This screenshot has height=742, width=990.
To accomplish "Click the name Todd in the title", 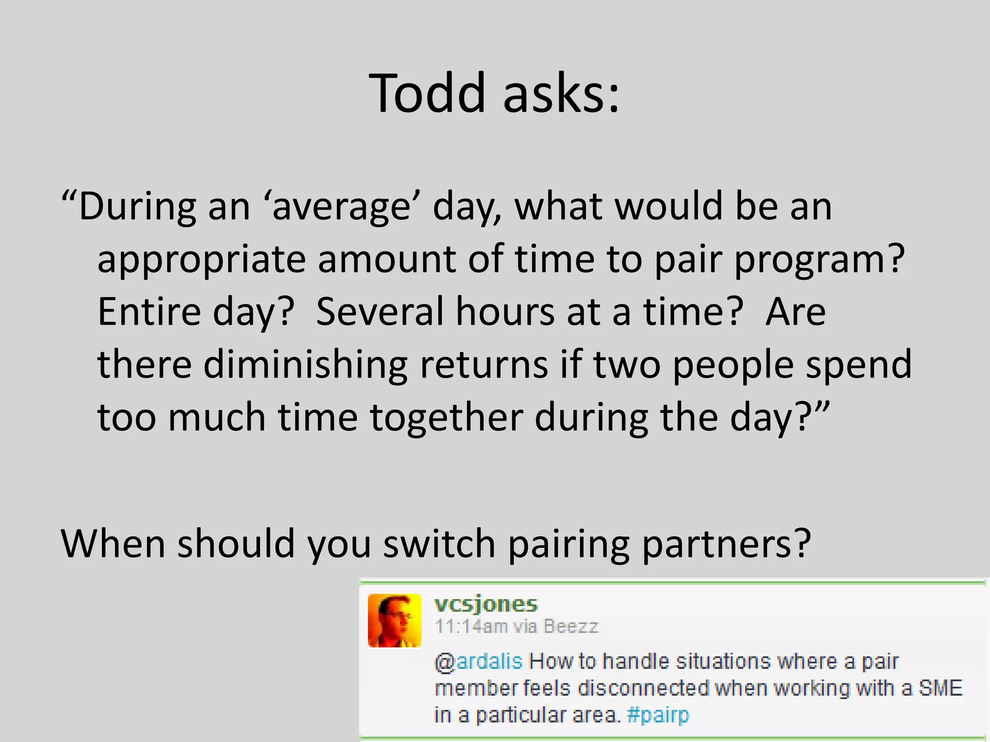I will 427,93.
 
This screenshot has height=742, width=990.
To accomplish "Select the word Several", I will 379,312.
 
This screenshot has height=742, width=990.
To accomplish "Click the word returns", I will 484,365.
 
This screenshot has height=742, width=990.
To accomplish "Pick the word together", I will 447,418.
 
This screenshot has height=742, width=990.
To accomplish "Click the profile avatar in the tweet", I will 394,621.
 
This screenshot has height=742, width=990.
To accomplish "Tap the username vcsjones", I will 486,604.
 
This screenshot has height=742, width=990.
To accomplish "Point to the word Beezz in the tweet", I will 571,627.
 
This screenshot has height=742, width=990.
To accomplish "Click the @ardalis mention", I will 479,662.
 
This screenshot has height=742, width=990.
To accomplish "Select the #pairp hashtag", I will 658,715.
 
